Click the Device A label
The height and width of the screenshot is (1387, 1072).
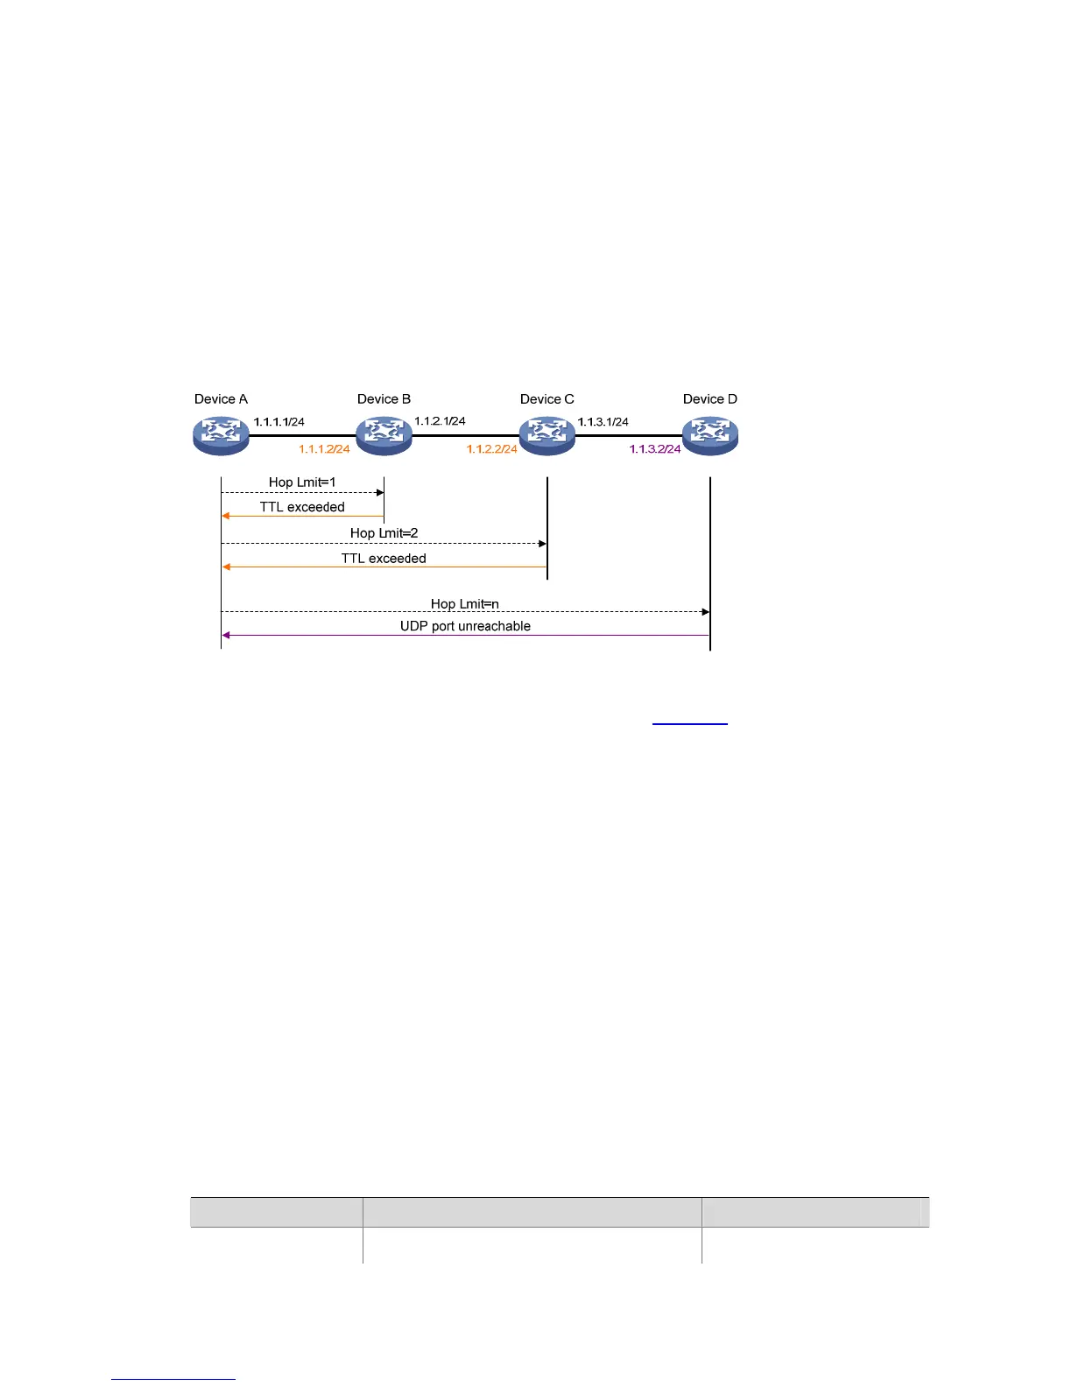pos(221,399)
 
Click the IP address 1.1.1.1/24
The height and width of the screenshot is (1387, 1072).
pos(279,422)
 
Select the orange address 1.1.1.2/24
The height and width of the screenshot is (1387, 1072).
pos(324,449)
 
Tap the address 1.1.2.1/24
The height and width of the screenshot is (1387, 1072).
pos(440,421)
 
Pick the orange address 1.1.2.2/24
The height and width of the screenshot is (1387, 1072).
pos(491,449)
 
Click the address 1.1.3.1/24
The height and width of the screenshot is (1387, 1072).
pos(603,422)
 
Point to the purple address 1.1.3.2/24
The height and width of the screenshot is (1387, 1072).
pos(655,449)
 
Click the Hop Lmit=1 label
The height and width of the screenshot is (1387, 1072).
pos(302,482)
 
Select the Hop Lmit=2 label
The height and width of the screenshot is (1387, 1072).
pos(384,533)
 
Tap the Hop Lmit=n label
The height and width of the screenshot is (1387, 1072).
pos(465,604)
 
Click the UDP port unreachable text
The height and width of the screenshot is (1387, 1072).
pos(465,626)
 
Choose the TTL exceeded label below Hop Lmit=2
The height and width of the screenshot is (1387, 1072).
pos(384,559)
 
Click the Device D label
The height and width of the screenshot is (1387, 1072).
pos(710,399)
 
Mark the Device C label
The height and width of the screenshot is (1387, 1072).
pos(547,399)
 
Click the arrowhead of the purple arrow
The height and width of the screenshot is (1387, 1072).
pos(226,635)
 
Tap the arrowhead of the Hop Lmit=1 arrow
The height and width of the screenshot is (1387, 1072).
pos(380,493)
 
